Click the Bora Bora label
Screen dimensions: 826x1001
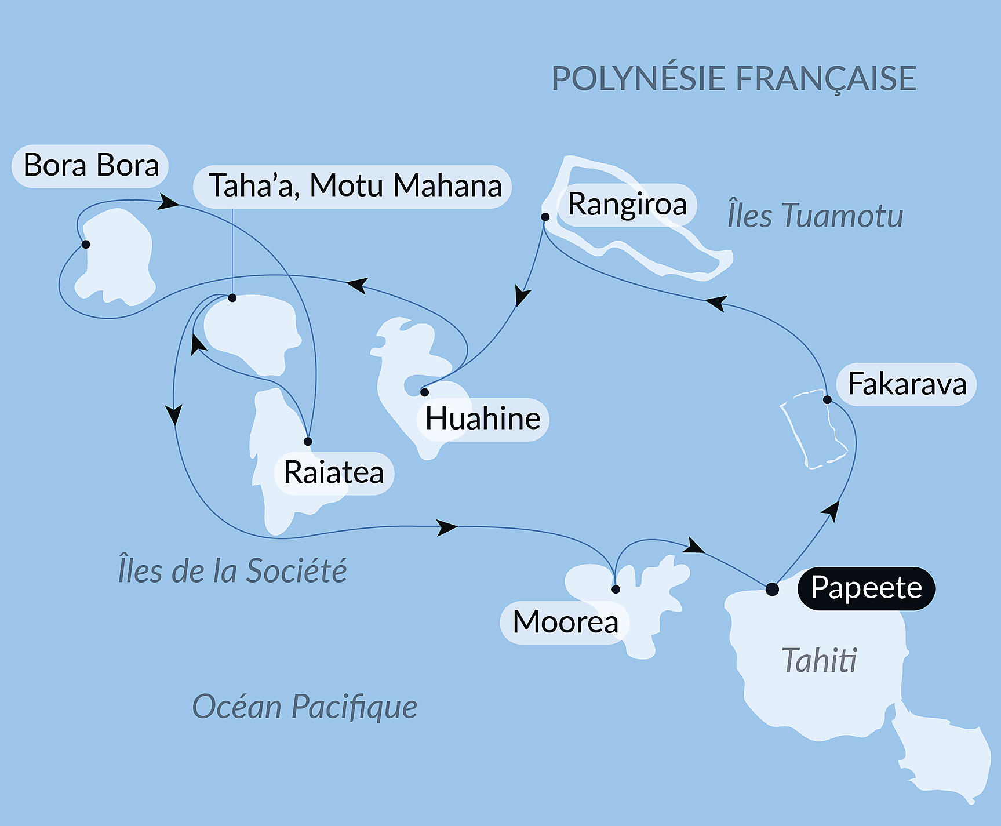[90, 166]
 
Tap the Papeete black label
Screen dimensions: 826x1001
[866, 588]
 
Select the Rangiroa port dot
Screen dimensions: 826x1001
[545, 217]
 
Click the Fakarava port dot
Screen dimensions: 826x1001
[827, 399]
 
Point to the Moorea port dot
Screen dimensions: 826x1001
[616, 590]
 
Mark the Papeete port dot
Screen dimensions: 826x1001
[772, 590]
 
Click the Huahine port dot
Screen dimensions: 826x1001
[424, 392]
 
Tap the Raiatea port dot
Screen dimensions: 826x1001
[308, 442]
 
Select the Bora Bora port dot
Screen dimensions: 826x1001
[86, 244]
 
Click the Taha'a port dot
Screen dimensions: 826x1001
[232, 298]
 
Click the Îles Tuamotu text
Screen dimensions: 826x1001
[815, 216]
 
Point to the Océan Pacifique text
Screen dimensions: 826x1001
[304, 707]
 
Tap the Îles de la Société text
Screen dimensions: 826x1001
[232, 570]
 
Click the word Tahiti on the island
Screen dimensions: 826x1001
[818, 660]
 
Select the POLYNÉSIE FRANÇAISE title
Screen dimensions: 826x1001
[733, 79]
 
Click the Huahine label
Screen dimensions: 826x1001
[482, 419]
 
